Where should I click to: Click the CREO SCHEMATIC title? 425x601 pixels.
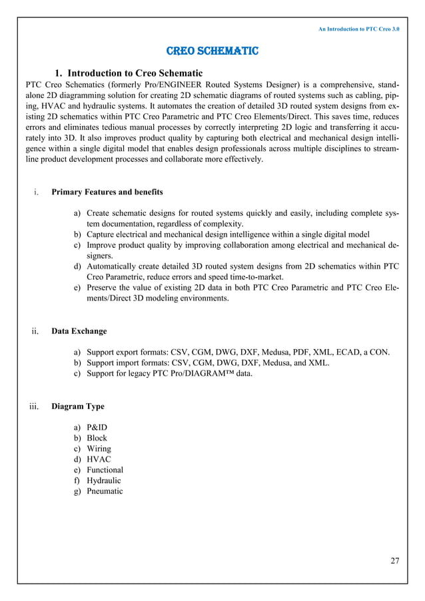(x=212, y=51)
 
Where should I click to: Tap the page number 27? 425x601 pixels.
(x=394, y=560)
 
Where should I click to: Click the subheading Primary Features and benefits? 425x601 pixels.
(x=107, y=193)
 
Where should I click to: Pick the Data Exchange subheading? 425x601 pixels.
(x=79, y=331)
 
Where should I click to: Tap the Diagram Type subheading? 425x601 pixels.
(x=77, y=406)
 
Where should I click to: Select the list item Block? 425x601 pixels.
(x=97, y=438)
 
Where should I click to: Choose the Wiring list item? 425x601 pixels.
(x=99, y=448)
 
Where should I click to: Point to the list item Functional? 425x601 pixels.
(x=105, y=470)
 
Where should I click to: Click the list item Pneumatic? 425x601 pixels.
(x=105, y=491)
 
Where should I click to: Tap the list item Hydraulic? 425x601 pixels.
(x=104, y=480)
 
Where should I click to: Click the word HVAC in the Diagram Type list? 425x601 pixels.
(x=99, y=459)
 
